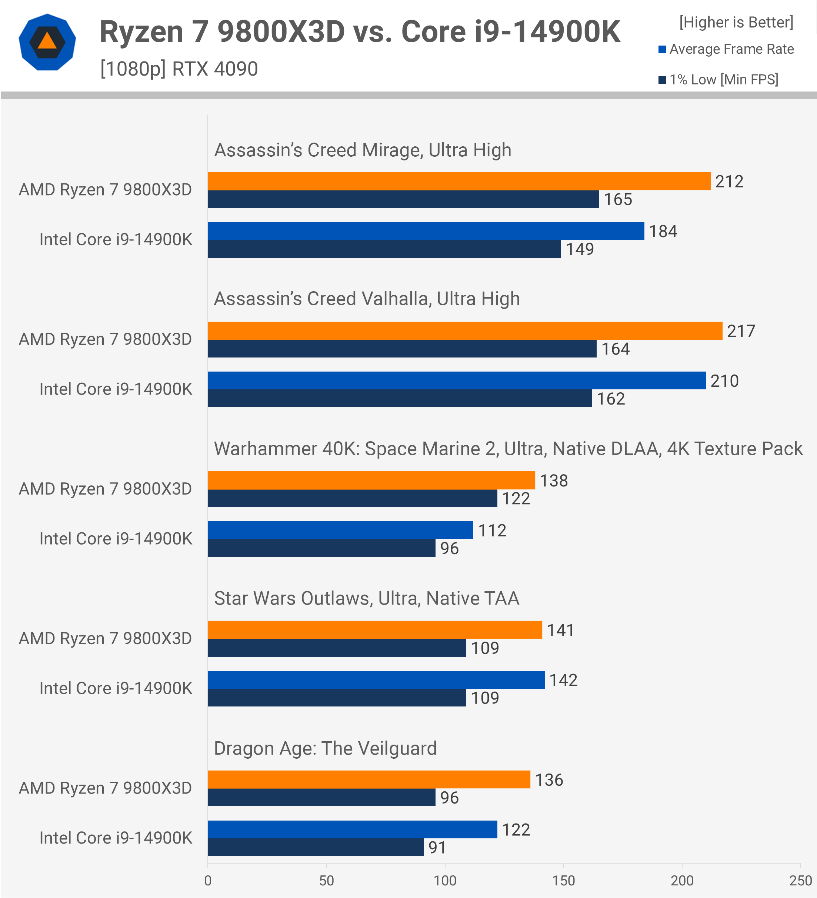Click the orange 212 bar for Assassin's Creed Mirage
pos(458,181)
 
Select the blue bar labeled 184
pos(426,231)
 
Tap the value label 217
pos(741,331)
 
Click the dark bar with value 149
pos(384,249)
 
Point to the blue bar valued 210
pos(456,380)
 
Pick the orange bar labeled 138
pos(371,480)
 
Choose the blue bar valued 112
pos(340,530)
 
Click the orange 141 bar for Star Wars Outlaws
pos(375,630)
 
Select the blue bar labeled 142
pos(376,680)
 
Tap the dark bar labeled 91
pos(315,847)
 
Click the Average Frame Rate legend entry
pos(726,49)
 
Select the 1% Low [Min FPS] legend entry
pos(718,80)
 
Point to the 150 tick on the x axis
pos(563,881)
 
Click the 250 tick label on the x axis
pos(800,881)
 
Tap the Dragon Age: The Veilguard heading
pos(325,748)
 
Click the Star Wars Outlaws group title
pos(366,598)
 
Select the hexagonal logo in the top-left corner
pos(47,42)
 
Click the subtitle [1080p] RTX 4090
pos(179,69)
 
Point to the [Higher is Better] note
pos(736,22)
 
